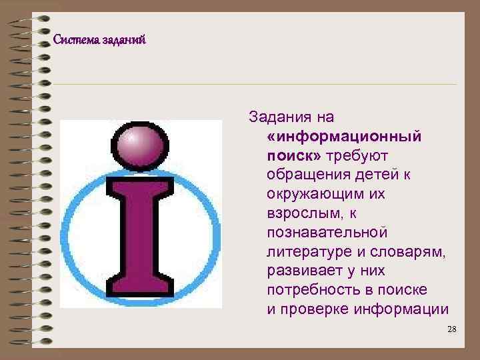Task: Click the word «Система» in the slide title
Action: [77, 40]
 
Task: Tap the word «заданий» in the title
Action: [124, 40]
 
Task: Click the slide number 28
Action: [451, 330]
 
